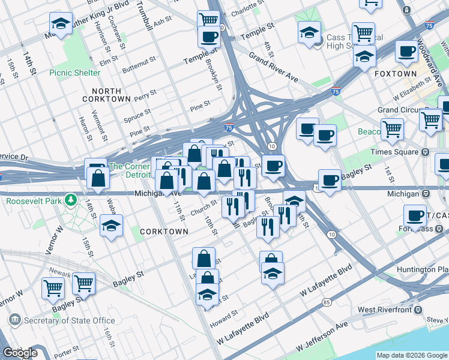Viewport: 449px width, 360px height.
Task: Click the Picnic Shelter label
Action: [75, 73]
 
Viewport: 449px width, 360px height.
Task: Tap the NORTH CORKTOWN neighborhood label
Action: [106, 94]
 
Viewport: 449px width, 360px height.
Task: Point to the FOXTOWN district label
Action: [392, 73]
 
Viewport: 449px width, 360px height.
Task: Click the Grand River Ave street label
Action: [274, 68]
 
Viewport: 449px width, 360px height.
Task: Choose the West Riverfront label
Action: [384, 310]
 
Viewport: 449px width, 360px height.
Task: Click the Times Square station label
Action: [396, 152]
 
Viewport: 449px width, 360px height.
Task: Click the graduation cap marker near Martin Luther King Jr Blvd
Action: [61, 25]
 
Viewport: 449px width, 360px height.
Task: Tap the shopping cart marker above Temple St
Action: [208, 19]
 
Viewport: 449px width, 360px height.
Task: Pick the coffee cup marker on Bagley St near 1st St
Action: [330, 179]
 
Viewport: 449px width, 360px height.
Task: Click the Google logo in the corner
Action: [20, 353]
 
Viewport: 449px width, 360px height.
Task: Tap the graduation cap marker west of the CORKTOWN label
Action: [111, 226]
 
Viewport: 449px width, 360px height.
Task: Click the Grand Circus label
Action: [399, 110]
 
